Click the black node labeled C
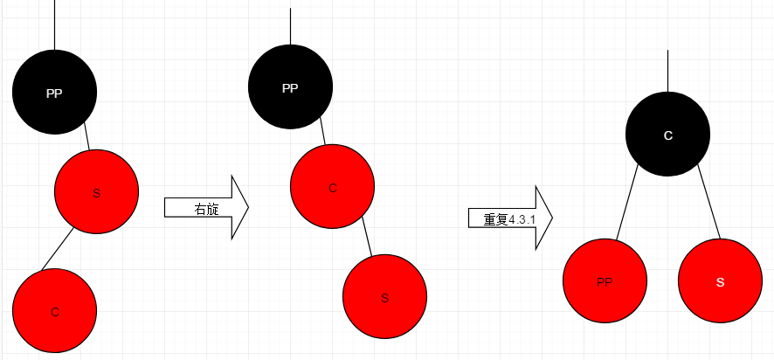tap(667, 135)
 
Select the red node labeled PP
tap(605, 281)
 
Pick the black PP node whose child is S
tap(54, 93)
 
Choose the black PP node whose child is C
tap(290, 87)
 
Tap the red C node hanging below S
tap(54, 310)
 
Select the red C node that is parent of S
tap(332, 187)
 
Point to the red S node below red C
tap(384, 296)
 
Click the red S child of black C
tap(720, 281)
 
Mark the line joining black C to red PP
tap(628, 205)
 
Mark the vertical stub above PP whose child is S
tap(54, 24)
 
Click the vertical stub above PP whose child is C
tap(290, 26)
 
